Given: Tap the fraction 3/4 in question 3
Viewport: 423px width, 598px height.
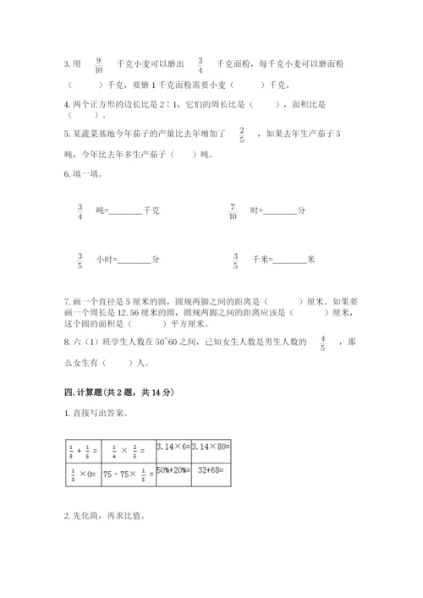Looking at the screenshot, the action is pyautogui.click(x=201, y=65).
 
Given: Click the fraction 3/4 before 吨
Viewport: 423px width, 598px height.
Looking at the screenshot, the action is pyautogui.click(x=80, y=211).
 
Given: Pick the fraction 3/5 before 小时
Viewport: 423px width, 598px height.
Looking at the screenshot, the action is pyautogui.click(x=80, y=260).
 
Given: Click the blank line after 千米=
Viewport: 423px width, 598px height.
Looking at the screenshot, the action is pyautogui.click(x=290, y=262).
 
